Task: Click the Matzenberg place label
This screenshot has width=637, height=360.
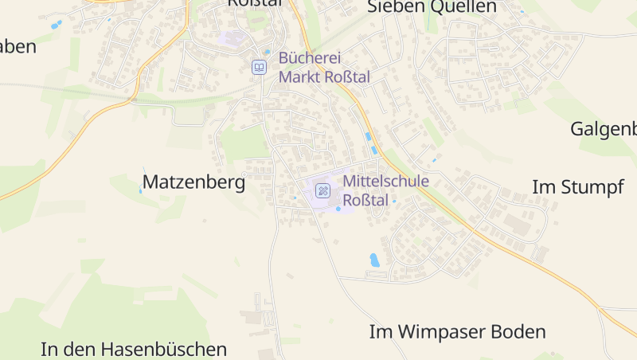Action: [193, 182]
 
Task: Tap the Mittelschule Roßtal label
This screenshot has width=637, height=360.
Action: [385, 190]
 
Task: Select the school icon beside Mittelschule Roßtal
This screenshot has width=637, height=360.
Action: [322, 190]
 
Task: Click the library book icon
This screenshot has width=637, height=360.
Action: [259, 68]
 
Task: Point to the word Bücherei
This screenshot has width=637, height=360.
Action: [310, 58]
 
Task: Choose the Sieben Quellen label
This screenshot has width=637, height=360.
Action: [432, 7]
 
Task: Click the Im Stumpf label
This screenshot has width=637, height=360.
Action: [577, 188]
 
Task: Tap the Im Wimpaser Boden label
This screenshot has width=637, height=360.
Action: [458, 331]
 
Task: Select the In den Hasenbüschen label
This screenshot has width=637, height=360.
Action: [134, 349]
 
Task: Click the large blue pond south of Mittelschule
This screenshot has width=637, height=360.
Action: [374, 260]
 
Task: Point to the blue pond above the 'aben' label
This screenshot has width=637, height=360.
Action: [55, 25]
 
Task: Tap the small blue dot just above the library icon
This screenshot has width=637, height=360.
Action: [268, 52]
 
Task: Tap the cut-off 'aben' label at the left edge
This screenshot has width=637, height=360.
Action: [18, 46]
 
